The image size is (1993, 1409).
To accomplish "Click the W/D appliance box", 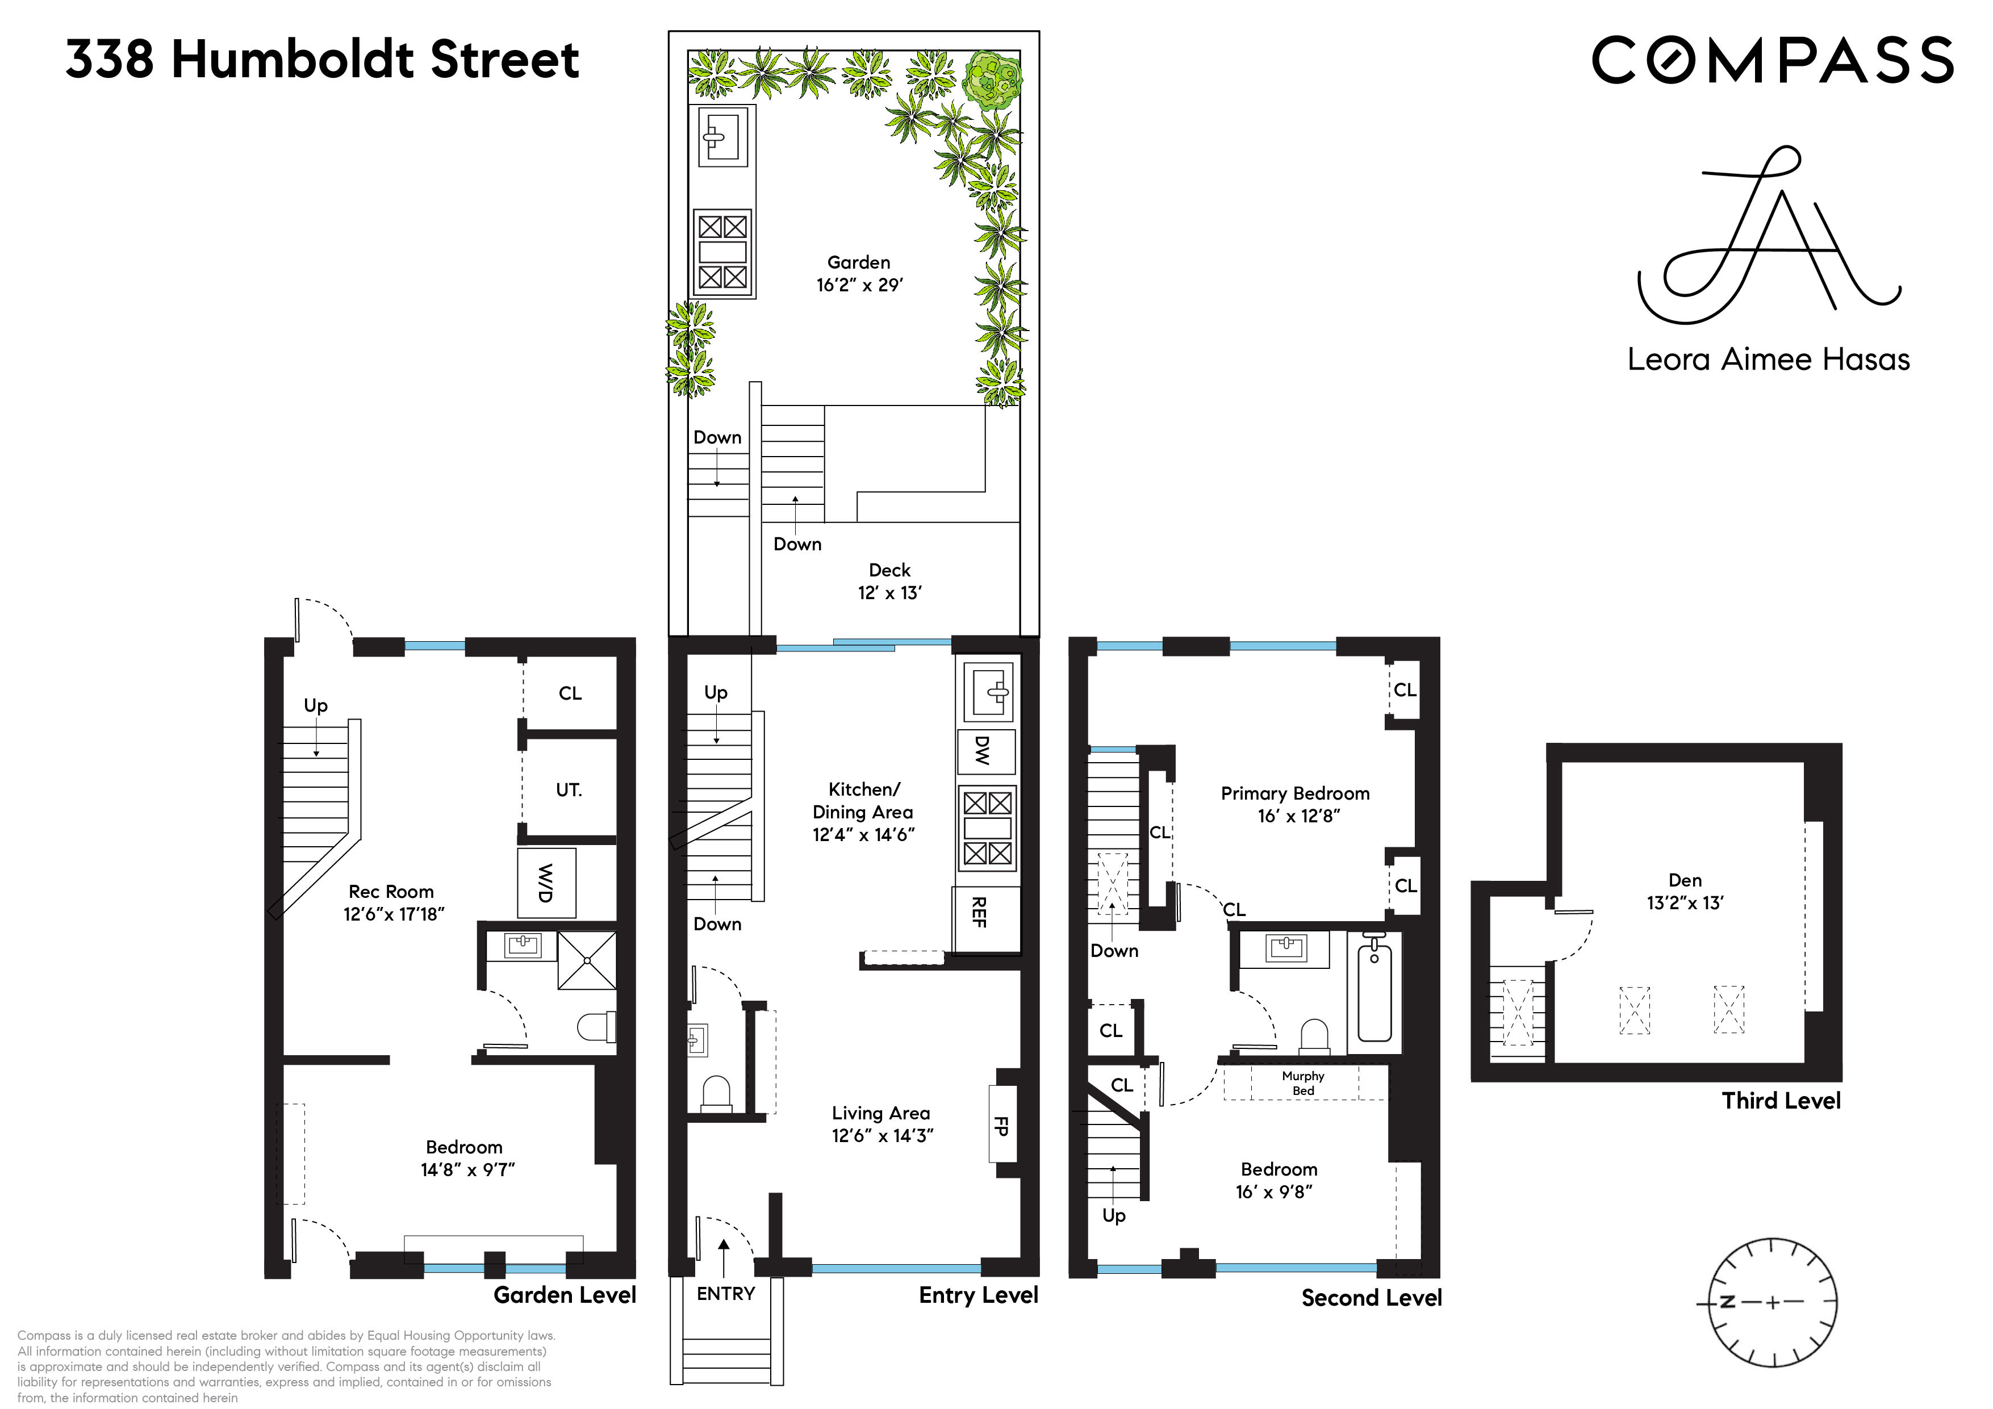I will click(x=546, y=883).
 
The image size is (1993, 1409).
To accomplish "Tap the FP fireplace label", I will click(x=1001, y=1126).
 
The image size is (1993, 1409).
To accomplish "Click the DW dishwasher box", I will click(x=984, y=750).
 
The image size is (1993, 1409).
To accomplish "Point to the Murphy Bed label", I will click(x=1303, y=1082).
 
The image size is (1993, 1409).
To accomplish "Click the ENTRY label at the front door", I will click(x=726, y=1294).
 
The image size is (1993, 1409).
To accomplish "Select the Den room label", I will click(x=1685, y=880).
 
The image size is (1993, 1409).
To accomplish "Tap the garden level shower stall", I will click(x=587, y=961).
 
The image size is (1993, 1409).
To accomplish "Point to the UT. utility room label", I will click(x=569, y=790).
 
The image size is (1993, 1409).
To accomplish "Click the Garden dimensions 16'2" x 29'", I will click(x=859, y=285).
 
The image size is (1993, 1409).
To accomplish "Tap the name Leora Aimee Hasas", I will click(x=1768, y=359).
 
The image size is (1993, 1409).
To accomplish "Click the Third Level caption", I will click(x=1781, y=1101).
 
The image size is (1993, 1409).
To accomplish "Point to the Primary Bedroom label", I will click(x=1295, y=793).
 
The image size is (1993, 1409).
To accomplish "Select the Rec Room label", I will click(x=391, y=892).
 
